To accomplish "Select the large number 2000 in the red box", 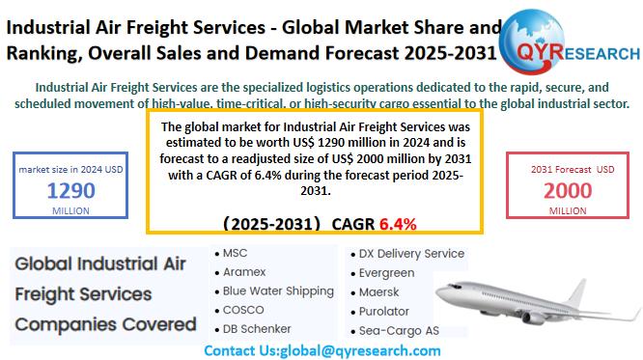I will (x=568, y=189).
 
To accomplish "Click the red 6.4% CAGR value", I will (x=398, y=224).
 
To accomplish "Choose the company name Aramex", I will (x=246, y=272).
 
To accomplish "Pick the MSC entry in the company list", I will (x=235, y=254).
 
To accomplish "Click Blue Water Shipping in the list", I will (x=278, y=291).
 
